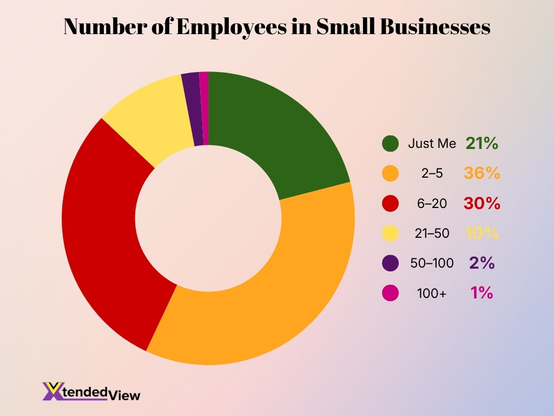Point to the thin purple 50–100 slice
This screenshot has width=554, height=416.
click(192, 108)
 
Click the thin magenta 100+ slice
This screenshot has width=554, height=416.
click(204, 108)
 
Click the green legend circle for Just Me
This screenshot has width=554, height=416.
click(390, 144)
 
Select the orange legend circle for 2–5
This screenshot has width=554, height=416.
click(390, 173)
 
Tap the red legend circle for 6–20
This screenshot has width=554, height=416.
click(390, 203)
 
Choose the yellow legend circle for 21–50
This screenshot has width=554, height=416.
click(390, 233)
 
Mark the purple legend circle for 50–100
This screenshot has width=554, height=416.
click(390, 263)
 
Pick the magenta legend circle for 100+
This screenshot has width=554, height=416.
click(390, 293)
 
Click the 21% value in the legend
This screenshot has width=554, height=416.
click(482, 144)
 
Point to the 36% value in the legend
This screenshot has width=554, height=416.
click(482, 173)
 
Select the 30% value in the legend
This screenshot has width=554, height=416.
click(482, 204)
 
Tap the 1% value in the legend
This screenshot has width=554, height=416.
click(482, 293)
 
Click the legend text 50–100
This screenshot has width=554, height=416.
click(432, 263)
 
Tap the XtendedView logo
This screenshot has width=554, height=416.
click(91, 392)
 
